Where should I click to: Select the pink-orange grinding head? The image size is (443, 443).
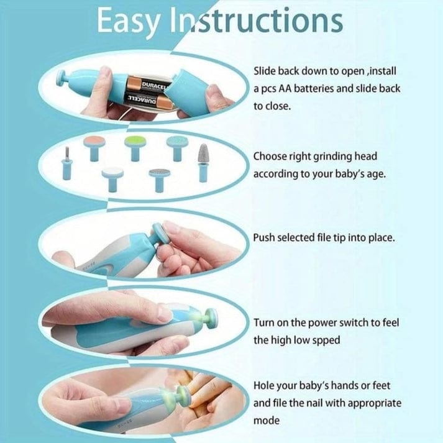click(94, 140)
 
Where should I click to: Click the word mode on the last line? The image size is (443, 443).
click(266, 421)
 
